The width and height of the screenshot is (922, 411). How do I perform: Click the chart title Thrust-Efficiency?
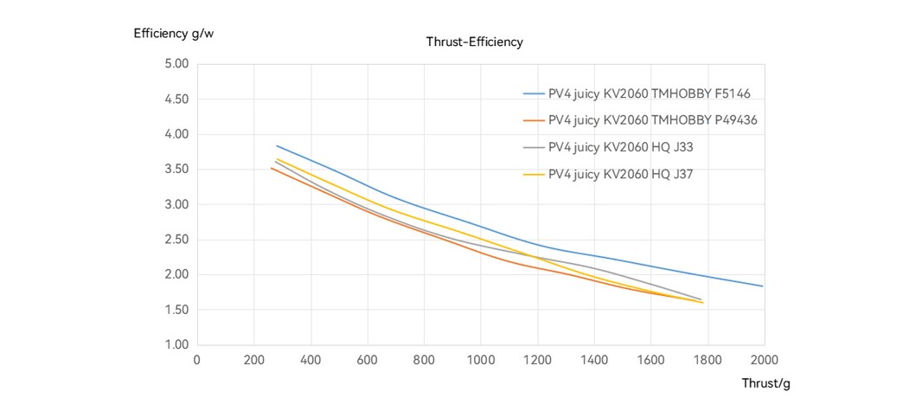[x=474, y=42]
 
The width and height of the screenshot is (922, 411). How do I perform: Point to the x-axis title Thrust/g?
[x=765, y=382]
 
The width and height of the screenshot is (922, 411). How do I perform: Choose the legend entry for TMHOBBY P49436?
[x=652, y=120]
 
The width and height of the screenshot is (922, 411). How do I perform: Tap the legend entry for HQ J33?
[x=620, y=147]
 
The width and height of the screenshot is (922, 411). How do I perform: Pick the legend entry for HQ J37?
[x=620, y=175]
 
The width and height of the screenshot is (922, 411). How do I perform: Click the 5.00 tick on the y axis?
[x=176, y=64]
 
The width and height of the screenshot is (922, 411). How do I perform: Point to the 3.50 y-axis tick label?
[x=176, y=170]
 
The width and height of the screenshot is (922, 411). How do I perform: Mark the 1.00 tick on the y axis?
[x=176, y=345]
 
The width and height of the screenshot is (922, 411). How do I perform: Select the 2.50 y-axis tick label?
[x=176, y=240]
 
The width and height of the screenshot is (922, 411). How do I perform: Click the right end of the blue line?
[x=763, y=286]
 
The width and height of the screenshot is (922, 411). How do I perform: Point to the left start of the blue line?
[x=276, y=145]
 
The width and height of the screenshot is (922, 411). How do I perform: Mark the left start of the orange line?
[x=271, y=167]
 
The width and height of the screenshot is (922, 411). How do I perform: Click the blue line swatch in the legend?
[x=533, y=93]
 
